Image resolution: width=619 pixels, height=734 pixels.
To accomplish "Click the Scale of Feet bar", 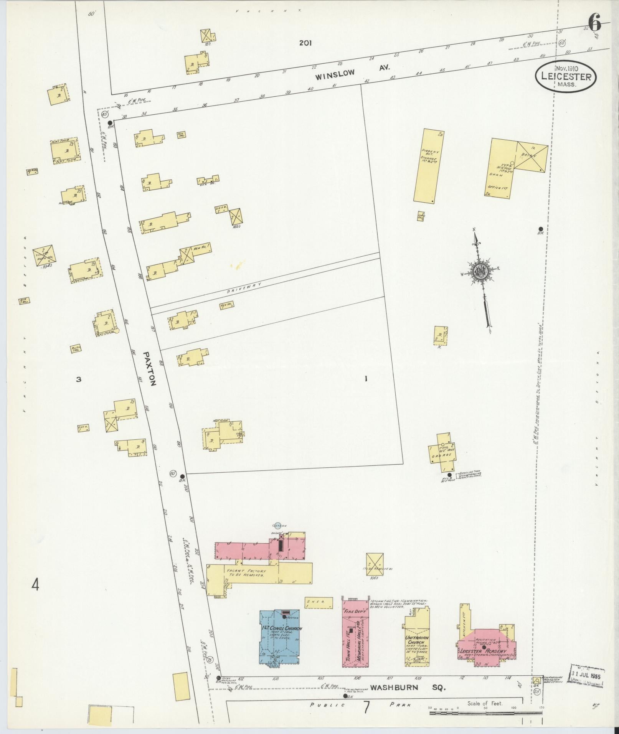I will point(476,713).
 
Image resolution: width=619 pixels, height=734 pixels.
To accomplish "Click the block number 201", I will point(305,43).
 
